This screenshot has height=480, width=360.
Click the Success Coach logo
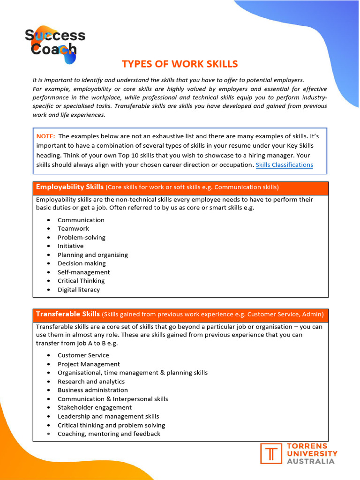[x=55, y=44]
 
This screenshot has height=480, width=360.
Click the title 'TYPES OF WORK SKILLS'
[x=180, y=64]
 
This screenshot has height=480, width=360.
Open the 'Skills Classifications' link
[x=284, y=165]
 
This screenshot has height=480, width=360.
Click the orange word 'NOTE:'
[x=45, y=136]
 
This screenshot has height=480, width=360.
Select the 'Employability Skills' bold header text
[x=70, y=187]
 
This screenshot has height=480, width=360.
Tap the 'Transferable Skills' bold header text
[x=68, y=314]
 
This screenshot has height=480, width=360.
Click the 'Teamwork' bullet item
[x=73, y=229]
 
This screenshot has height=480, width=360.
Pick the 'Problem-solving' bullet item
[x=82, y=238]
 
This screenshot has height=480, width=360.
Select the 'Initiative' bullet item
[x=70, y=246]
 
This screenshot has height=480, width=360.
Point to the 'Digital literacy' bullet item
[x=79, y=290]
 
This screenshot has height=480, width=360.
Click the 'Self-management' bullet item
[x=84, y=272]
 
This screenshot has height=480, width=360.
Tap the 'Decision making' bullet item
[x=82, y=263]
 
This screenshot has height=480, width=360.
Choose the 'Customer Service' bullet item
[x=83, y=355]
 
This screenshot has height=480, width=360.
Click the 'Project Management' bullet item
[x=89, y=364]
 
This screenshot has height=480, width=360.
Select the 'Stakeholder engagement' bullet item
[x=95, y=408]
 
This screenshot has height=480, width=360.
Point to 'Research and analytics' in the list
[x=91, y=382]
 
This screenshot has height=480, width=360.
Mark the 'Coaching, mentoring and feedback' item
[x=109, y=434]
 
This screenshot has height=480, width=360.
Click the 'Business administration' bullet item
[x=93, y=390]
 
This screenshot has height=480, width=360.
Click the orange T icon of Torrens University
[x=271, y=454]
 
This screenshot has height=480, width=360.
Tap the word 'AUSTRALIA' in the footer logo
[x=311, y=461]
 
